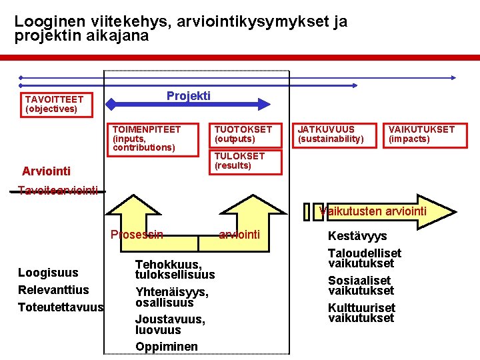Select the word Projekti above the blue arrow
[188, 96]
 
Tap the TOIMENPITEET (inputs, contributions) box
[155, 139]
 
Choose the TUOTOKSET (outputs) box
[247, 134]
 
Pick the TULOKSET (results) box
[247, 161]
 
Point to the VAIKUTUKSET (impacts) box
[422, 134]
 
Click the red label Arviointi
[46, 171]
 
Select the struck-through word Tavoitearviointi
[58, 191]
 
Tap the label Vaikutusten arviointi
[373, 212]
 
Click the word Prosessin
[137, 234]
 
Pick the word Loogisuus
[48, 272]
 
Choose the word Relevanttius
[53, 289]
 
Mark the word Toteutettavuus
[61, 307]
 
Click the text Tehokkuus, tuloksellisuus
[175, 269]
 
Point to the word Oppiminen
[167, 346]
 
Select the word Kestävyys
[357, 236]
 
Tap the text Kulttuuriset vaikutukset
[361, 313]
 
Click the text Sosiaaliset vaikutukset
[361, 285]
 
